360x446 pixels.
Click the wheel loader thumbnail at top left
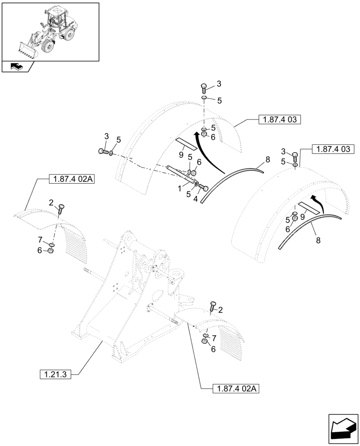pos(50,31)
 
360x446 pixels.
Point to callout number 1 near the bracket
pos(180,189)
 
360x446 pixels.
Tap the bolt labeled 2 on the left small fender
pos(61,207)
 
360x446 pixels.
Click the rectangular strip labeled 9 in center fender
pos(187,143)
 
